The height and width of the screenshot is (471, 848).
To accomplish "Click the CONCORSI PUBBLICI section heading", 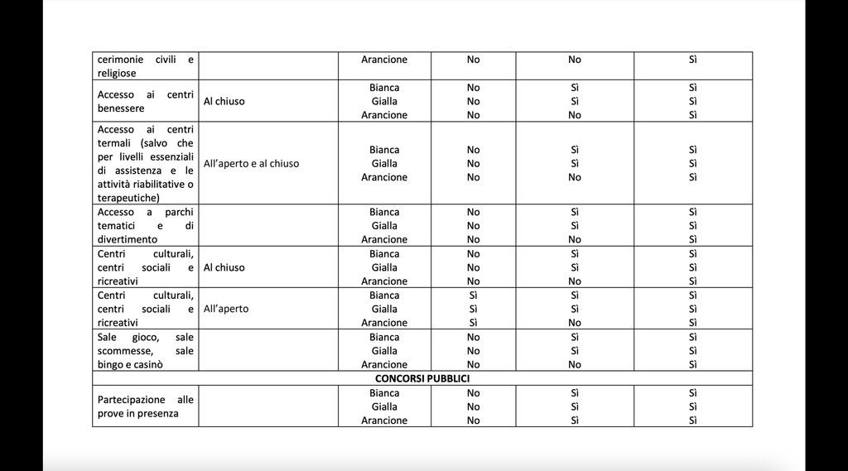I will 422,378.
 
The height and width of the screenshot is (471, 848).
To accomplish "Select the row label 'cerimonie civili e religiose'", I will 146,66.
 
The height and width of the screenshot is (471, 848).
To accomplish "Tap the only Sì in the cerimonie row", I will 693,60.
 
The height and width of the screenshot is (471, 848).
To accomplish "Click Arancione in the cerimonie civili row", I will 384,60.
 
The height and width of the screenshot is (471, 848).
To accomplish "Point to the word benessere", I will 121,108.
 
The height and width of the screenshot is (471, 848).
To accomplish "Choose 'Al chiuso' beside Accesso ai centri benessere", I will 224,101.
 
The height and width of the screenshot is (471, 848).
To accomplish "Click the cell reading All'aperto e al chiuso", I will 252,163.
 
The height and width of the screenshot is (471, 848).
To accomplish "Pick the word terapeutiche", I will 128,198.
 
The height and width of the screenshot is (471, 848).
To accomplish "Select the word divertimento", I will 128,239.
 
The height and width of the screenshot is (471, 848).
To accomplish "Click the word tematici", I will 116,225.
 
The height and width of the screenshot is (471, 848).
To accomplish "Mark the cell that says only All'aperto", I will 226,309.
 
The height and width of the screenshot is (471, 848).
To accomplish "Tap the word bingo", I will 110,364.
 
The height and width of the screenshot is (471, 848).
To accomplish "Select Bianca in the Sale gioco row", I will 384,337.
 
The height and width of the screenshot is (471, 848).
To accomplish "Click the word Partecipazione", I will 132,399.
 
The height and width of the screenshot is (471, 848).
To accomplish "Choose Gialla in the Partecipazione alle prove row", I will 384,406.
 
